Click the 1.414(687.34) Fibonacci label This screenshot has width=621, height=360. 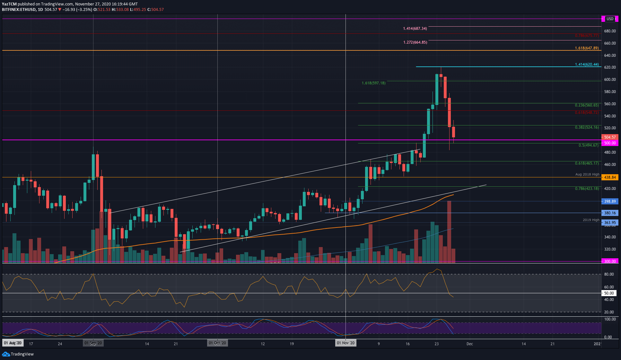coord(415,29)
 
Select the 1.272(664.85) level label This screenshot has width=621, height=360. coord(415,42)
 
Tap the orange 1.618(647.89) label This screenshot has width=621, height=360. coord(587,48)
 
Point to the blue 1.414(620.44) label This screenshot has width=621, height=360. coord(587,64)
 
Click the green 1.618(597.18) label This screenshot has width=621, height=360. coord(373,83)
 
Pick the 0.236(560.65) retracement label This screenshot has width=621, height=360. coord(587,105)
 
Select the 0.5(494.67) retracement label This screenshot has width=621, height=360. coord(588,145)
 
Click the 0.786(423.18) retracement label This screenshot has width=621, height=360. coord(587,189)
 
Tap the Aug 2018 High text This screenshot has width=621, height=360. coord(587,175)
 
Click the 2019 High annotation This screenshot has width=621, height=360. coord(591,220)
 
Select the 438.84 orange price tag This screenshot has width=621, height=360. coord(610,177)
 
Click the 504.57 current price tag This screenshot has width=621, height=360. coord(610,137)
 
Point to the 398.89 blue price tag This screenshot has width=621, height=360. coord(610,201)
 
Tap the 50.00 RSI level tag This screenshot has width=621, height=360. coord(609,293)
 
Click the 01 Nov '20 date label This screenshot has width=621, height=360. coord(345,343)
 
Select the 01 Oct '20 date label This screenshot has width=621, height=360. coord(217,343)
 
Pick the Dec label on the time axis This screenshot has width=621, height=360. coord(469,344)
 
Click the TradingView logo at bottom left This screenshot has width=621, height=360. coord(18,354)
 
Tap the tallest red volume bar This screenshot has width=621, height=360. coord(449,231)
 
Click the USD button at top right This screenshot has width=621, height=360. coord(610,19)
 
